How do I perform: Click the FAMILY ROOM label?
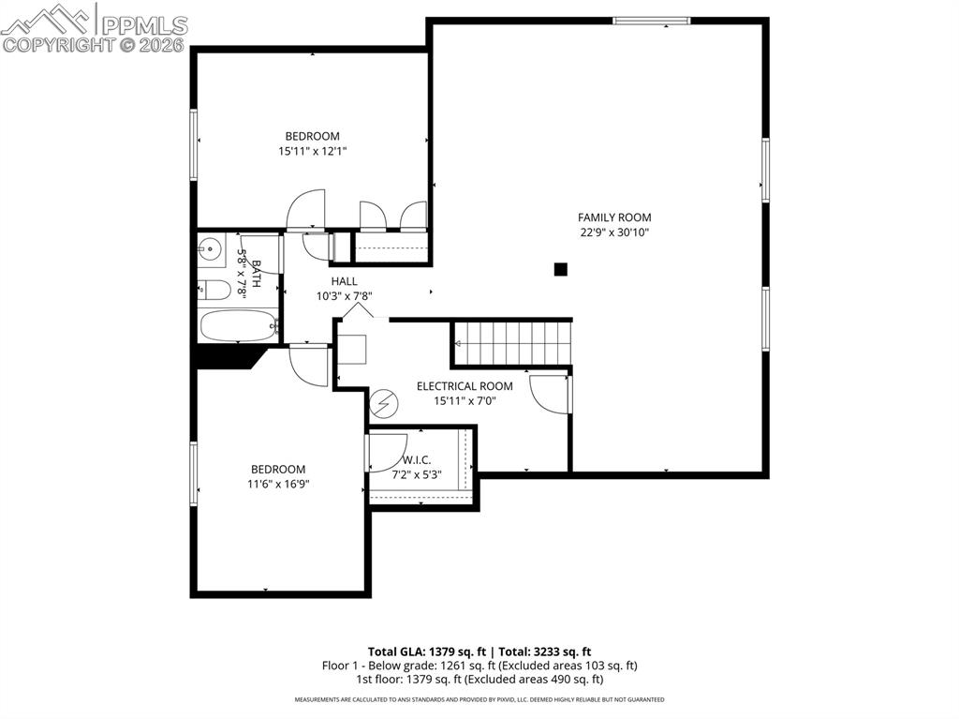[x=613, y=217]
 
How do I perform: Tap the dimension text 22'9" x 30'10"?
[x=613, y=232]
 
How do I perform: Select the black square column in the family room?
[x=560, y=270]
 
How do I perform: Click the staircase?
[x=511, y=342]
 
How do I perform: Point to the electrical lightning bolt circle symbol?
[x=384, y=404]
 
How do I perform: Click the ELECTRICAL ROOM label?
[x=465, y=386]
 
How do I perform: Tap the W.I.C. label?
[x=416, y=459]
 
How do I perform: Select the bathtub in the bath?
[x=238, y=326]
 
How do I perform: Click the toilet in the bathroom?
[x=214, y=290]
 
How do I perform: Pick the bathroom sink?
[x=211, y=250]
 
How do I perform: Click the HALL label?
[x=344, y=281]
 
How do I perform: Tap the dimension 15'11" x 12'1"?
[x=312, y=151]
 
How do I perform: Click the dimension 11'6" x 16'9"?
[x=278, y=485]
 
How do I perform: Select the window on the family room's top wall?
[x=651, y=20]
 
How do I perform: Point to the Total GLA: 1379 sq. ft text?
[x=427, y=652]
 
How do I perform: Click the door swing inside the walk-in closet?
[x=386, y=452]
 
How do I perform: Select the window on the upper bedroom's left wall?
[x=194, y=143]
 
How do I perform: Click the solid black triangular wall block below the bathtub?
[x=227, y=356]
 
